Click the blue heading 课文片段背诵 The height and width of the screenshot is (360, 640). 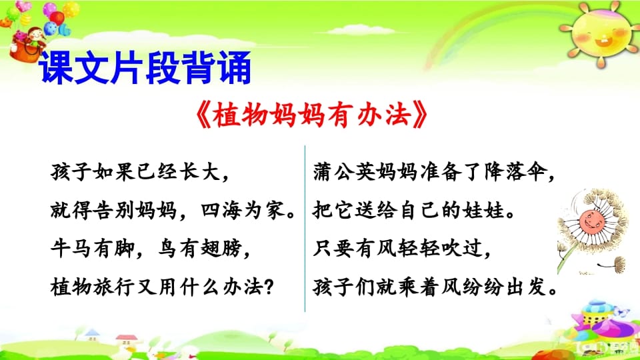pyautogui.click(x=145, y=69)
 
